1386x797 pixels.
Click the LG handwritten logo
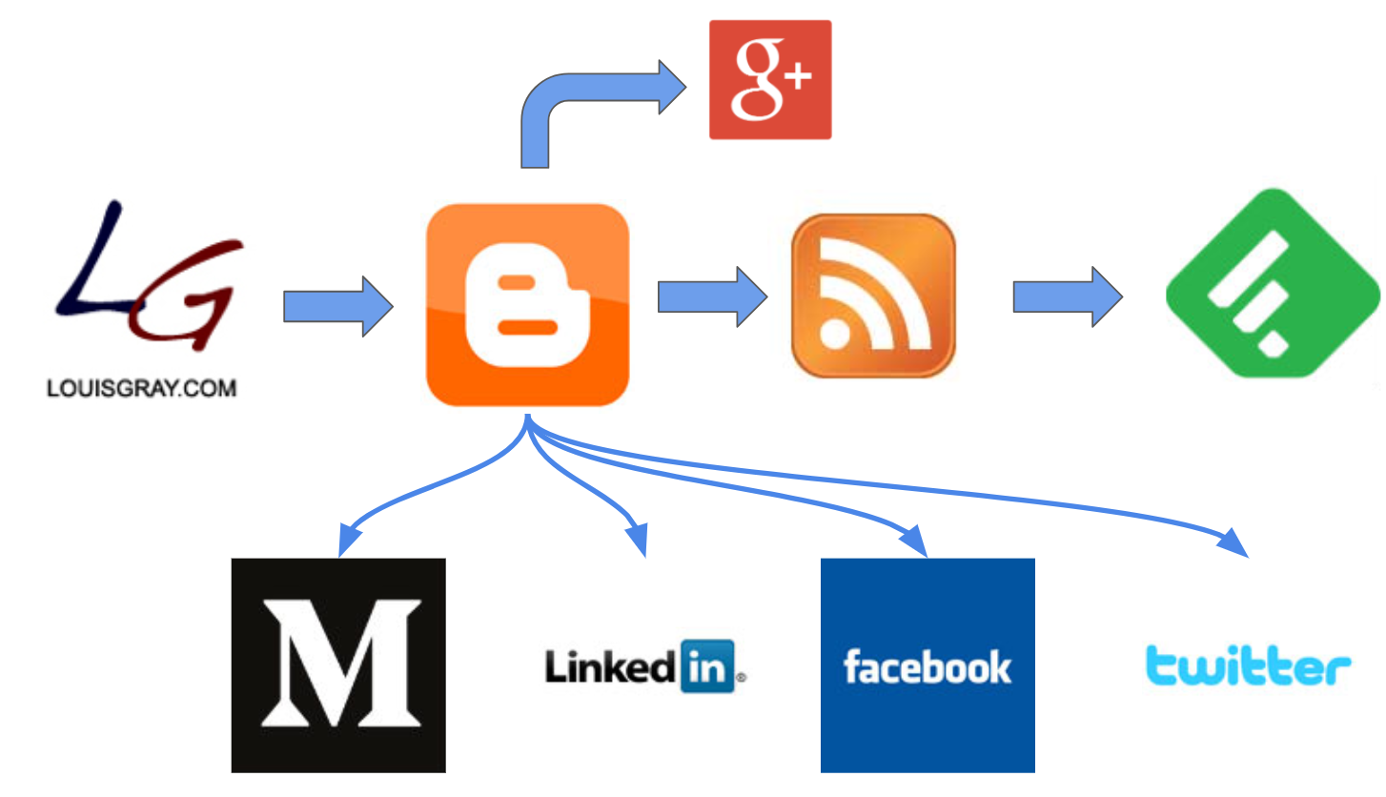[143, 276]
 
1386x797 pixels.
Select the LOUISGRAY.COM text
[141, 389]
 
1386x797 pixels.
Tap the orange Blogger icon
[527, 305]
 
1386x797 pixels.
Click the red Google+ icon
[770, 80]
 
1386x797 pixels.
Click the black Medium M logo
[338, 664]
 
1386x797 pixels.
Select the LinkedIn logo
[643, 664]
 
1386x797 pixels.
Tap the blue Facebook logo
[927, 664]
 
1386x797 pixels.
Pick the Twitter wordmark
[1247, 664]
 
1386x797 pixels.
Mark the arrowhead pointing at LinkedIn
[637, 541]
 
